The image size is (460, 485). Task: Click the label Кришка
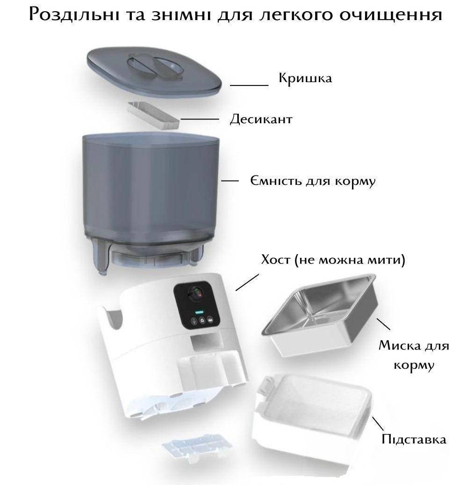(x=305, y=78)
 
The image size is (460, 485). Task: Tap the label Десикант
(x=261, y=119)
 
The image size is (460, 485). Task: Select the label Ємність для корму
(x=313, y=181)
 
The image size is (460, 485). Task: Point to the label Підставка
(x=414, y=439)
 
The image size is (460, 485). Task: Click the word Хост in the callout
(x=276, y=259)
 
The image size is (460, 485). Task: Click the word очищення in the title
(x=391, y=14)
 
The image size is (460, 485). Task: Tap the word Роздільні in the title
(x=73, y=14)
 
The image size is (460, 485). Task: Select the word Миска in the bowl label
(x=400, y=345)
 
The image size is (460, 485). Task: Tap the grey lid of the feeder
(x=154, y=70)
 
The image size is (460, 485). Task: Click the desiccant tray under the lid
(x=153, y=115)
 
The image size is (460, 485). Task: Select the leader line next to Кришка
(x=249, y=85)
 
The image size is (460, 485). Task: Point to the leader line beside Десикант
(x=200, y=119)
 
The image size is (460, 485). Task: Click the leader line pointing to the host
(x=247, y=282)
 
